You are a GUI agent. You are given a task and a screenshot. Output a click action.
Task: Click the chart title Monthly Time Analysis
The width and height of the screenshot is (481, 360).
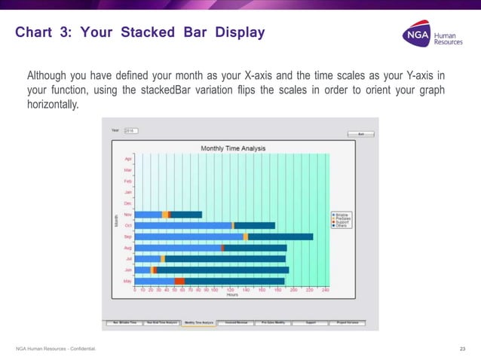point(232,148)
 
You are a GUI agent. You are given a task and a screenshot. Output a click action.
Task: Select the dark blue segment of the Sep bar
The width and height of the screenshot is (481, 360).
point(280,236)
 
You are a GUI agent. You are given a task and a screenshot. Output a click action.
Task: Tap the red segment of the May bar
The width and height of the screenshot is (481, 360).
point(179,281)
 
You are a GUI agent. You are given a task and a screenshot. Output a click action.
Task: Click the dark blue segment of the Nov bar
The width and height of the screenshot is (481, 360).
point(187,215)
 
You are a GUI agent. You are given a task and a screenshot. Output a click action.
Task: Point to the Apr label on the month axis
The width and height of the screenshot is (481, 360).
point(128,160)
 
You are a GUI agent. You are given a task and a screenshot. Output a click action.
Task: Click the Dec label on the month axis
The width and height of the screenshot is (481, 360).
point(128,203)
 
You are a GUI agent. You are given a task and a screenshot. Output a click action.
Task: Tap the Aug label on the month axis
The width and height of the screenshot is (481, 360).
point(128,248)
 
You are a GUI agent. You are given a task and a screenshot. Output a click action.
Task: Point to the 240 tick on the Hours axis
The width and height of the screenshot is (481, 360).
point(325,289)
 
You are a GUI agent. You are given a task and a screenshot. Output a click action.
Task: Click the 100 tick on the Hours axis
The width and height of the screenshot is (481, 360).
point(214,289)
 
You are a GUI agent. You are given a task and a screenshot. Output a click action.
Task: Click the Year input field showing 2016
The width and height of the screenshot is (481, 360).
point(131,131)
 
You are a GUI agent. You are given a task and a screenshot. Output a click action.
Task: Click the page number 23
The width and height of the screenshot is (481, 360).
point(463,347)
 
